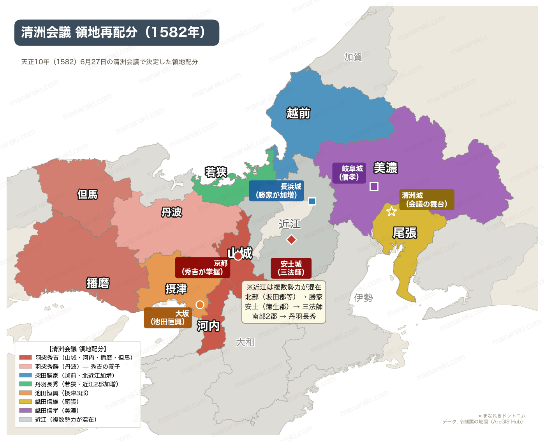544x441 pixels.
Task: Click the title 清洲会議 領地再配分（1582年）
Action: tap(116, 32)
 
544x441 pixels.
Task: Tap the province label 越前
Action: tap(298, 113)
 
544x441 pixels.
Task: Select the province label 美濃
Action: tap(385, 168)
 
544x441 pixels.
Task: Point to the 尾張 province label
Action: tap(405, 233)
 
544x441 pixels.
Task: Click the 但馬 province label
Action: tap(87, 194)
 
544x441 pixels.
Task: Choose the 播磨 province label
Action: tap(98, 283)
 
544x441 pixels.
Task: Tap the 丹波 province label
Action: tap(172, 213)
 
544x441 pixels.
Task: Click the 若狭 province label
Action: tap(216, 172)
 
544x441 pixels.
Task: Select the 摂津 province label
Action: tap(176, 289)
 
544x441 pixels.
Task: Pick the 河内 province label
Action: tap(208, 326)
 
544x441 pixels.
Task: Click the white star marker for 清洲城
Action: tap(391, 211)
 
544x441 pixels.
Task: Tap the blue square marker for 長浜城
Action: tap(312, 201)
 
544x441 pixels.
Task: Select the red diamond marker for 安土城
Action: tap(291, 239)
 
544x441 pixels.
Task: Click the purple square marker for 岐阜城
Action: tap(374, 186)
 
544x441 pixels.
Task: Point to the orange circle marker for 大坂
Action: tap(200, 305)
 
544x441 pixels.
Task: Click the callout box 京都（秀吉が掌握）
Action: tap(202, 267)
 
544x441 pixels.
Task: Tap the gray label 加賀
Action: tap(353, 57)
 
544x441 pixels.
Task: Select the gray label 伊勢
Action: tap(363, 298)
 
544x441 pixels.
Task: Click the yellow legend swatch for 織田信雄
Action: tap(25, 402)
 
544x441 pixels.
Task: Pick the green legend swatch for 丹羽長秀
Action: tap(25, 384)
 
